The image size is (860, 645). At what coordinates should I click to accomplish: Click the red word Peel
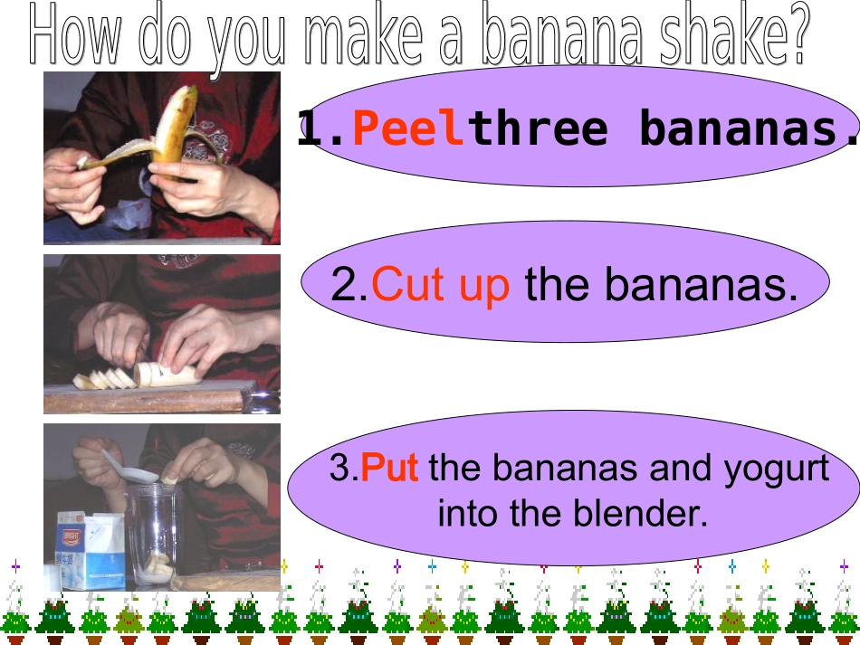(x=408, y=129)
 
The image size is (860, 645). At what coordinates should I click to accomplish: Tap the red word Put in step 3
(x=389, y=470)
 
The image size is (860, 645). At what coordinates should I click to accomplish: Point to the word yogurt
(x=776, y=470)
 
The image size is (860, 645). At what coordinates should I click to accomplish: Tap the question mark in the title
(x=795, y=36)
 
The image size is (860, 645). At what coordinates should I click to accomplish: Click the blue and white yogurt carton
(x=89, y=550)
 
